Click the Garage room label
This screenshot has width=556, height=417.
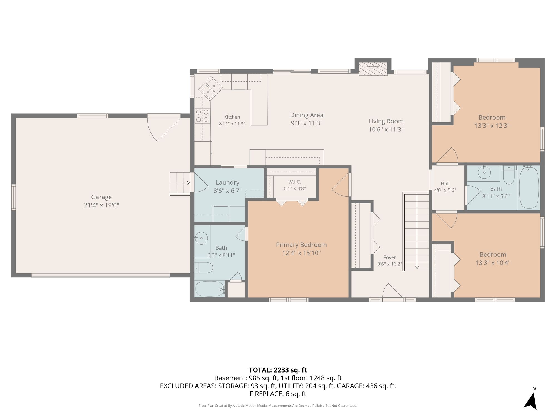[101, 197]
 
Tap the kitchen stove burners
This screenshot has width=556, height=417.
[202, 116]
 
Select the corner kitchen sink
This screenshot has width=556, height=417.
[210, 88]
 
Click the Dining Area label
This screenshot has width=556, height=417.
[307, 115]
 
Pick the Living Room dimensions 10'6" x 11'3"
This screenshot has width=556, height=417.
[386, 129]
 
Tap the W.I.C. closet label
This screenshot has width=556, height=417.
[295, 182]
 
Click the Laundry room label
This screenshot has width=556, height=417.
[227, 183]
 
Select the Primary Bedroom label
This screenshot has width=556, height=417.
[301, 245]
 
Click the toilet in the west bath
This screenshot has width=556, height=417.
[204, 268]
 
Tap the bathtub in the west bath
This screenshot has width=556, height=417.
[210, 289]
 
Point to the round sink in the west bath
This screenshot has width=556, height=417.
[201, 238]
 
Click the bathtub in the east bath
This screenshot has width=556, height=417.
[529, 187]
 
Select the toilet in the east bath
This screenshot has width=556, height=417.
[509, 175]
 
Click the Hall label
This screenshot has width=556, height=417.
[445, 183]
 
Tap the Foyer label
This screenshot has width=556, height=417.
[389, 257]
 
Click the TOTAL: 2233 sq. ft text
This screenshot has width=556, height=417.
[278, 370]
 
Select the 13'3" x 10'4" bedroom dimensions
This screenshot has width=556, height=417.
[493, 263]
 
